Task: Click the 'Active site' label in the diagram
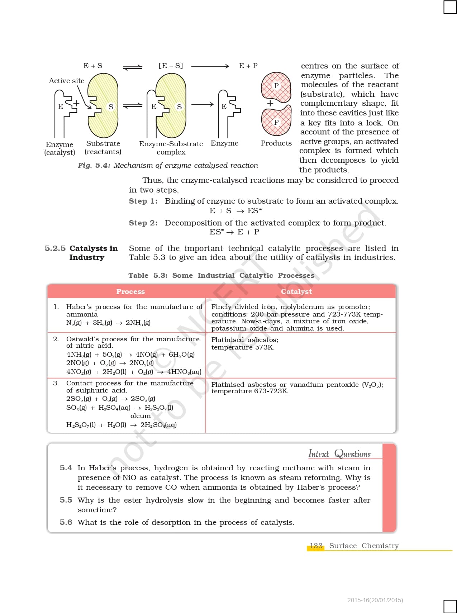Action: pyautogui.click(x=67, y=81)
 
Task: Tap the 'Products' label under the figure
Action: pyautogui.click(x=276, y=143)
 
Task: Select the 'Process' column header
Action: pyautogui.click(x=130, y=291)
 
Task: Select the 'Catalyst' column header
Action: pyautogui.click(x=296, y=291)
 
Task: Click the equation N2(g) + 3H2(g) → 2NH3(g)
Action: pyautogui.click(x=108, y=323)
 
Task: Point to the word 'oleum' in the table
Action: pyautogui.click(x=141, y=416)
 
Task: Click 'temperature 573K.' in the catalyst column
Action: pyautogui.click(x=243, y=347)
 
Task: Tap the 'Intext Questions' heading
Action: pyautogui.click(x=339, y=454)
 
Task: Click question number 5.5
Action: pyautogui.click(x=66, y=500)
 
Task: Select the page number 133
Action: pyautogui.click(x=316, y=546)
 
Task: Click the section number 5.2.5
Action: pyautogui.click(x=55, y=248)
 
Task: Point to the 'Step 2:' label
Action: pyautogui.click(x=143, y=223)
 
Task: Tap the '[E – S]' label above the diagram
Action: pyautogui.click(x=171, y=66)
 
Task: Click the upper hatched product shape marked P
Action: pyautogui.click(x=276, y=86)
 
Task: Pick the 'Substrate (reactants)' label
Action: pyautogui.click(x=103, y=148)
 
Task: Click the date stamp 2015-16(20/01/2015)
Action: pyautogui.click(x=375, y=600)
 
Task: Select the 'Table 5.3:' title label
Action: pyautogui.click(x=148, y=275)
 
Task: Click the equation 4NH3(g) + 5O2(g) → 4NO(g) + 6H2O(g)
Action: pyautogui.click(x=130, y=355)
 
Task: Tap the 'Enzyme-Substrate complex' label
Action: pyautogui.click(x=171, y=148)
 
